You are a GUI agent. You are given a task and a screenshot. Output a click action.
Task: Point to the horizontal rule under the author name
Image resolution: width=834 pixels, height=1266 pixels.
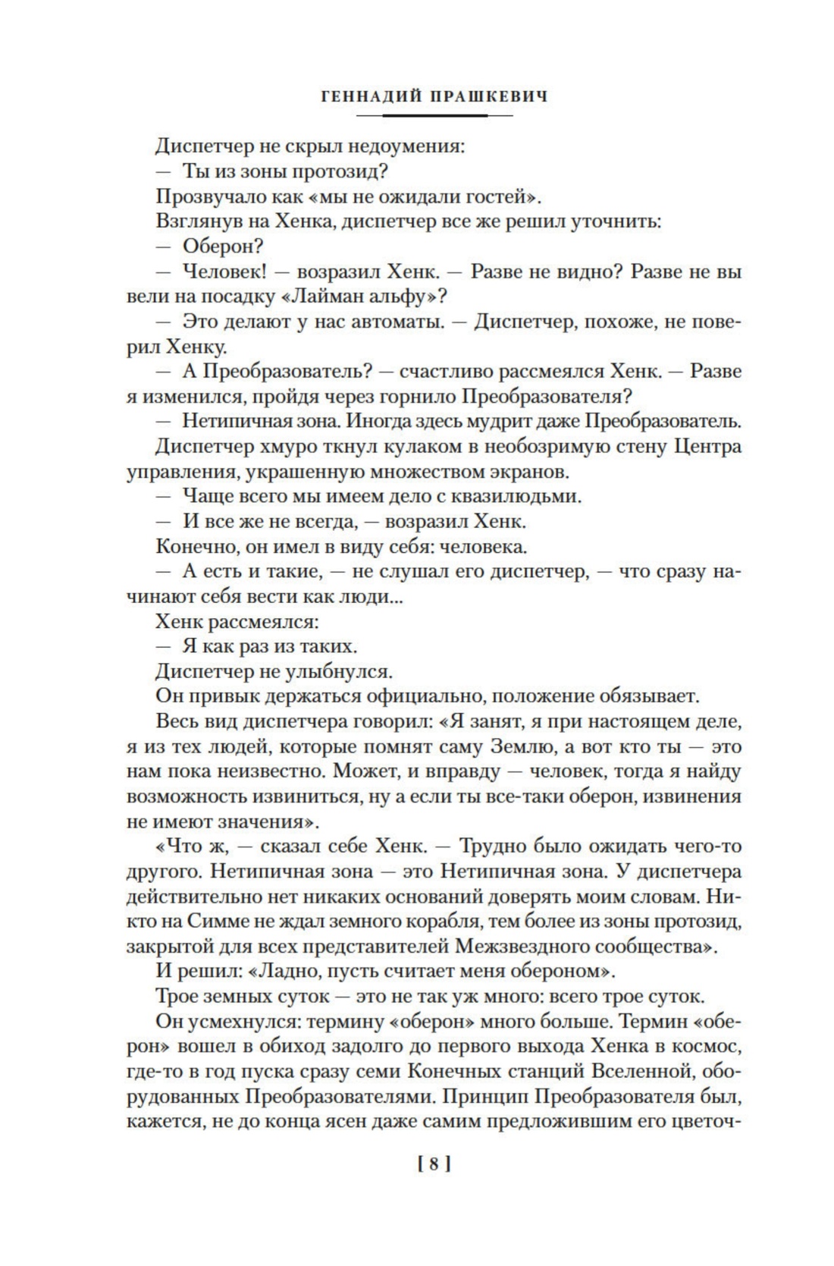coord(434,115)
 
